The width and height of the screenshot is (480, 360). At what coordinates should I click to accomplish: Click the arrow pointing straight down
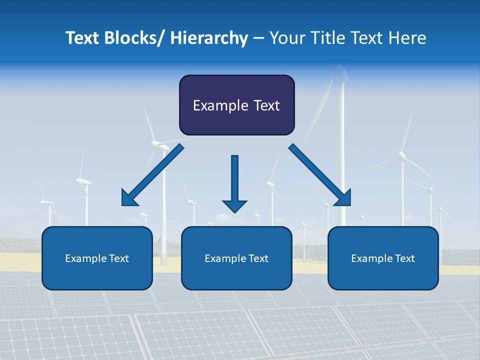click(x=234, y=180)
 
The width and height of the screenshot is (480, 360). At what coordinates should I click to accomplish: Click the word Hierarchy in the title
click(x=209, y=38)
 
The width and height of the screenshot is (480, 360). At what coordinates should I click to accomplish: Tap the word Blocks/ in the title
click(x=135, y=38)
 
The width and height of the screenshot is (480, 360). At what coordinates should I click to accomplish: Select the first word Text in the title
click(x=83, y=38)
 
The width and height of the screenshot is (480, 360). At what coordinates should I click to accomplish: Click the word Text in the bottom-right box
click(x=404, y=258)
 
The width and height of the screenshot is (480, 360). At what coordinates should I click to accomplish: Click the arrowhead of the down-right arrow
click(x=343, y=198)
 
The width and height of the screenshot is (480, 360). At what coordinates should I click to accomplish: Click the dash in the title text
click(x=258, y=38)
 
